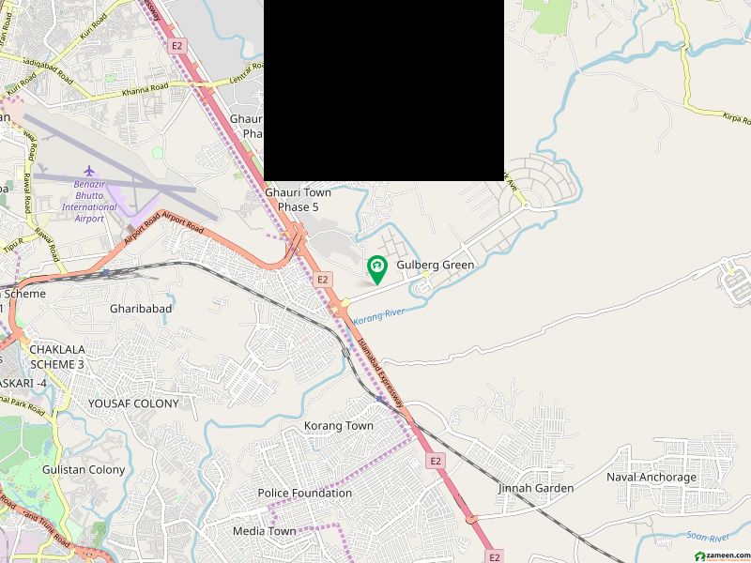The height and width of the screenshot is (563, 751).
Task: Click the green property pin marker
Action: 376,269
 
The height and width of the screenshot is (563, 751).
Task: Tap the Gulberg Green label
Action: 436,266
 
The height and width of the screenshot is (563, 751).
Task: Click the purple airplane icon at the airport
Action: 90,172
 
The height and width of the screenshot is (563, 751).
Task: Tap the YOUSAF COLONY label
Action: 132,403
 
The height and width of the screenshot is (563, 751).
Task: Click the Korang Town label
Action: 338,426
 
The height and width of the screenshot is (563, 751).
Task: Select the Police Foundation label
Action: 305,493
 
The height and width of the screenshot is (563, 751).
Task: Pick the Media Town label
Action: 264,531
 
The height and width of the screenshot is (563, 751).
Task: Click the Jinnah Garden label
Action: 535,488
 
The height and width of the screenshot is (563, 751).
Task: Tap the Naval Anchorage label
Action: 651,478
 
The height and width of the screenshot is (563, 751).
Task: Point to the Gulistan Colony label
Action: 83,469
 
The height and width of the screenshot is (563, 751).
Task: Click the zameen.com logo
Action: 718,555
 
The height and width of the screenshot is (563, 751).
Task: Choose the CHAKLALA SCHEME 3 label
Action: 56,357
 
